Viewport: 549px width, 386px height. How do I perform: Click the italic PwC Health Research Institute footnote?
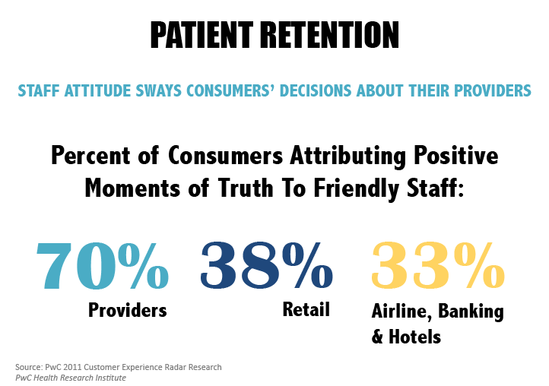point(70,378)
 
